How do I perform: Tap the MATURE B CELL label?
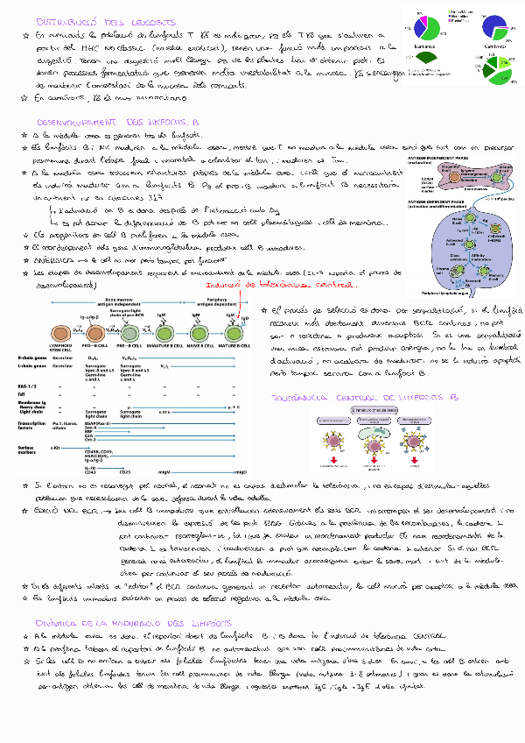pos(232,350)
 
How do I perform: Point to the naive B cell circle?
pos(199,334)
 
